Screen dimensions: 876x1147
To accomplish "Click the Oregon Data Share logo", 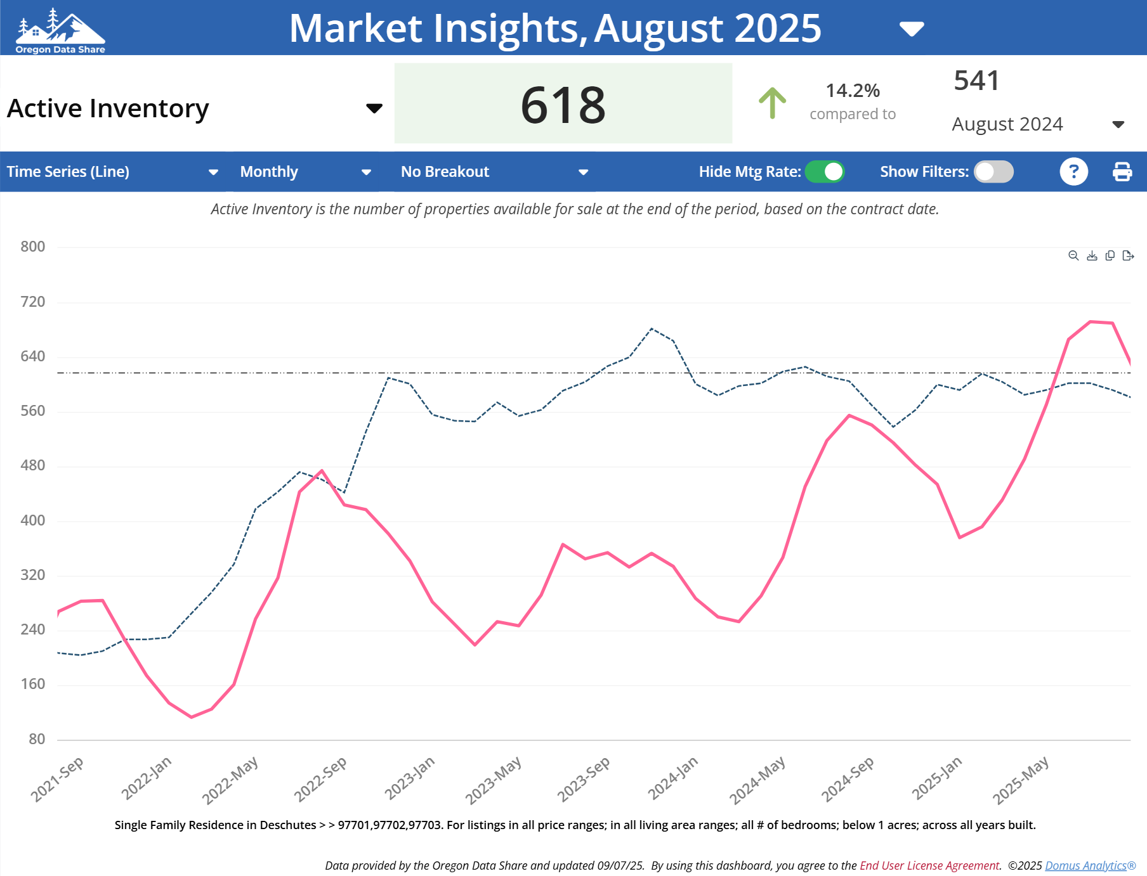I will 60,30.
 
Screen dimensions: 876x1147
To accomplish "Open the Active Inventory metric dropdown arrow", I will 374,108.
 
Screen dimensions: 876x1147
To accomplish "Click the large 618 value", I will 563,105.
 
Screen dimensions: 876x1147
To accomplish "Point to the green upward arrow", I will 772,103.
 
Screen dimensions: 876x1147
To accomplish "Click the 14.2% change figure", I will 852,91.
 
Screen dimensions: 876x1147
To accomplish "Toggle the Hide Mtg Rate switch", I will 824,172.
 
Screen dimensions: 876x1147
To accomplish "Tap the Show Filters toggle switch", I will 993,172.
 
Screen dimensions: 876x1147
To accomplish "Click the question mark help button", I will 1073,172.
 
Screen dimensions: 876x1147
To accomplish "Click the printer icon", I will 1122,172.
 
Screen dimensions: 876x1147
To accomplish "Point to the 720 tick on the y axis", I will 33,302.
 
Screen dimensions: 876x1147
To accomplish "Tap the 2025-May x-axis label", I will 1020,780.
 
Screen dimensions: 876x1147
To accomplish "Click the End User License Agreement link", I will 929,866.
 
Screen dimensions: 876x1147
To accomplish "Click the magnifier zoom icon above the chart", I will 1073,255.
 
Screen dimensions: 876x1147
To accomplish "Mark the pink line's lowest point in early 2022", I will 191,717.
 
